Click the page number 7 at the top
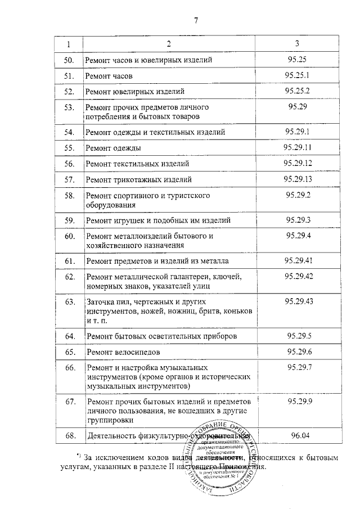coord(195,21)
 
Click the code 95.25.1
coord(297,74)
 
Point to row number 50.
coord(69,60)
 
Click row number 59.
coord(69,220)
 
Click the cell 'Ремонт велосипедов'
coord(123,352)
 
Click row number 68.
coord(69,435)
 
